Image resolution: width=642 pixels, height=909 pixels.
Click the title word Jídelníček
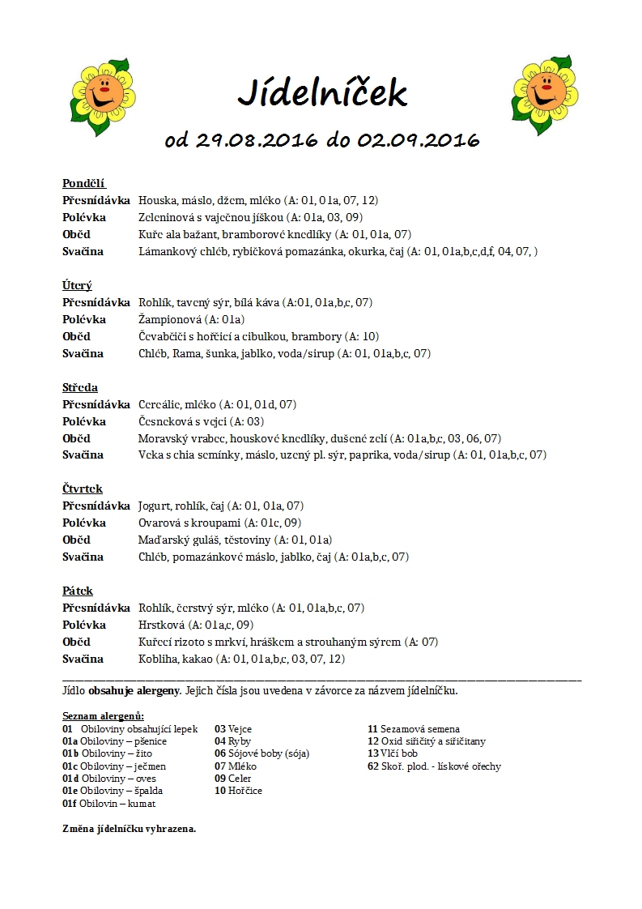(x=321, y=93)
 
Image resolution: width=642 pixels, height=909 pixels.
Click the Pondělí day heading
(x=84, y=183)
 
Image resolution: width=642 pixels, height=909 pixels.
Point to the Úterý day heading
(x=77, y=285)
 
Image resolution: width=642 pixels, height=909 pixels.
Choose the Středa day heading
(x=80, y=387)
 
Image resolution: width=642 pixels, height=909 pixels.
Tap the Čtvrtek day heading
(x=83, y=489)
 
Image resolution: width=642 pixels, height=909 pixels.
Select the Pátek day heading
(x=78, y=591)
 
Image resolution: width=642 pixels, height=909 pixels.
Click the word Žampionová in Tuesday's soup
(x=167, y=319)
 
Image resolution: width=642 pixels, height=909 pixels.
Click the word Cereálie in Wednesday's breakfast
(x=159, y=404)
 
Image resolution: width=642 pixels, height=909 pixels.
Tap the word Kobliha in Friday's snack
(x=159, y=659)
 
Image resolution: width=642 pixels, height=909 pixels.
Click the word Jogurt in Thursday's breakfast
(x=155, y=506)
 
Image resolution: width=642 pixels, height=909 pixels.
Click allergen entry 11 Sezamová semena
(x=413, y=729)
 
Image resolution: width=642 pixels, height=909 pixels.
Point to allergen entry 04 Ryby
(x=232, y=741)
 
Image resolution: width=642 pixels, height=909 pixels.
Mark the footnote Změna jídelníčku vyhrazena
(x=130, y=829)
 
